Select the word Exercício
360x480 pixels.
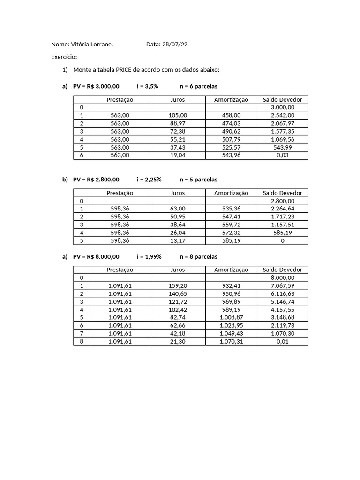(64, 57)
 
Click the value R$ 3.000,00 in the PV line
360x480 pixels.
(103, 87)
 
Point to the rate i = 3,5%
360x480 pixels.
(148, 87)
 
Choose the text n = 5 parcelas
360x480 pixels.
(198, 180)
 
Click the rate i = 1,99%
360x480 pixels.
(149, 257)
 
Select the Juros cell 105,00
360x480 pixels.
(178, 115)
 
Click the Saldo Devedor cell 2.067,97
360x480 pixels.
(283, 123)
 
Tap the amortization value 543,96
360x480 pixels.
(231, 155)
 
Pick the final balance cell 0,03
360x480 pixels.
(283, 155)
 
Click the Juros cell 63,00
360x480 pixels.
(178, 209)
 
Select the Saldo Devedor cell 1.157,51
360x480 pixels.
(283, 225)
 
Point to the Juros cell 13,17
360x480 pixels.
(178, 240)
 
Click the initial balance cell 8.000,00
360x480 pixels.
(283, 277)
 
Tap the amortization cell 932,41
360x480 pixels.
(231, 285)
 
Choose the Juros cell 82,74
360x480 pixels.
(178, 317)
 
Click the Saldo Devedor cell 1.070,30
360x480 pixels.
(283, 333)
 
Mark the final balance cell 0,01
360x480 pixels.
(283, 341)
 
